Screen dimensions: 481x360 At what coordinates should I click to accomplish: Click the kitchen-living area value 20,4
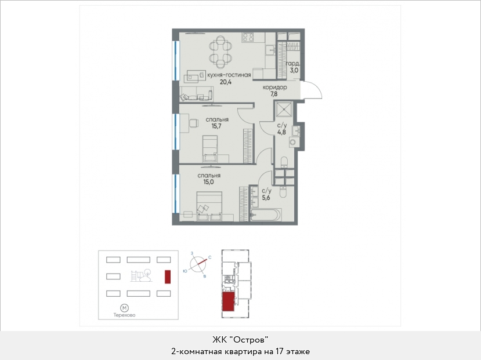(x=226, y=82)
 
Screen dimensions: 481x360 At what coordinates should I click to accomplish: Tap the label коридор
(x=274, y=88)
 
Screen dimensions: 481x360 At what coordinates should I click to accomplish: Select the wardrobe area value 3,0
(x=294, y=70)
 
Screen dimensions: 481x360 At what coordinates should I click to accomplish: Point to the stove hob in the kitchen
(x=248, y=37)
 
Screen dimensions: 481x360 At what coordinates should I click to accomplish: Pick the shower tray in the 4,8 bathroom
(x=284, y=109)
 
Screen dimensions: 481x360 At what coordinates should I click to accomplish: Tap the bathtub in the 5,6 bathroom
(x=266, y=214)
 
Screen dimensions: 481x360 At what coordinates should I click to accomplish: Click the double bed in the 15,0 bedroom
(x=209, y=206)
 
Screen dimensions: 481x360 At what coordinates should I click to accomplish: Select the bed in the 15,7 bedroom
(x=210, y=149)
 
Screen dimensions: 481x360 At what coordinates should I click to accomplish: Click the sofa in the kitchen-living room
(x=197, y=93)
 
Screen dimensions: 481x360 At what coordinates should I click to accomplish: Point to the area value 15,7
(x=216, y=126)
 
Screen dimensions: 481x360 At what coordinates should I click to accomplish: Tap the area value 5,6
(x=266, y=198)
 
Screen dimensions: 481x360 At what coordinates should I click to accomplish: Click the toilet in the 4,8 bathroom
(x=284, y=162)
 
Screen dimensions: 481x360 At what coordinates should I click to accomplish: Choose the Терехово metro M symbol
(x=124, y=308)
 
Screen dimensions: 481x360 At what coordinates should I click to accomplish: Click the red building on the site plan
(x=168, y=277)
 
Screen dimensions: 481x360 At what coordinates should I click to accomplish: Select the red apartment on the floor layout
(x=228, y=301)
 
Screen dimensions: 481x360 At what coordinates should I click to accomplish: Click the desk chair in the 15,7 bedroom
(x=193, y=123)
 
